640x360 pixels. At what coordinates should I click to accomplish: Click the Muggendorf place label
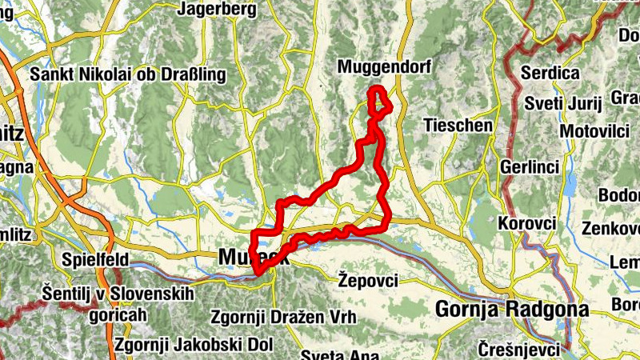384,67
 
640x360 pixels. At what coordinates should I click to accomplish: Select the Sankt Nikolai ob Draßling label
128,74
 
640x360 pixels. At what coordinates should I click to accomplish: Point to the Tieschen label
458,126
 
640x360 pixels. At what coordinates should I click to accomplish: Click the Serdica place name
550,73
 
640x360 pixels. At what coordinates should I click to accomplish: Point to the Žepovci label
368,280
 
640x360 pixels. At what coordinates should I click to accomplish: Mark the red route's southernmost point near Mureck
258,277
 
